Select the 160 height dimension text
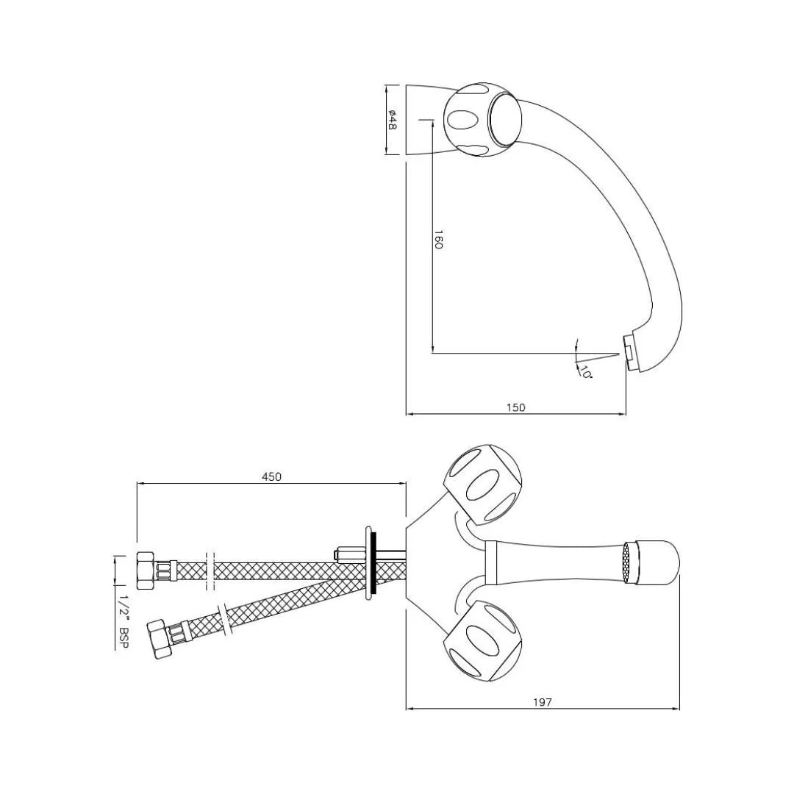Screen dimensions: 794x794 438,240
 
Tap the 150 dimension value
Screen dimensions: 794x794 516,407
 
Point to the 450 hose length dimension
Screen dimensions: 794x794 271,476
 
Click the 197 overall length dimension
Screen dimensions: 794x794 542,702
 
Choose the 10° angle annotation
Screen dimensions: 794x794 585,371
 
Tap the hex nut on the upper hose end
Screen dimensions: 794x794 145,568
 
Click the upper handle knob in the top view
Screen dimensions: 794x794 482,485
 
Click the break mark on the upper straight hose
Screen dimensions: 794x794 211,570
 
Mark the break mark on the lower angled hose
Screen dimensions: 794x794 225,618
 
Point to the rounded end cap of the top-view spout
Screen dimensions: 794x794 660,563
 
